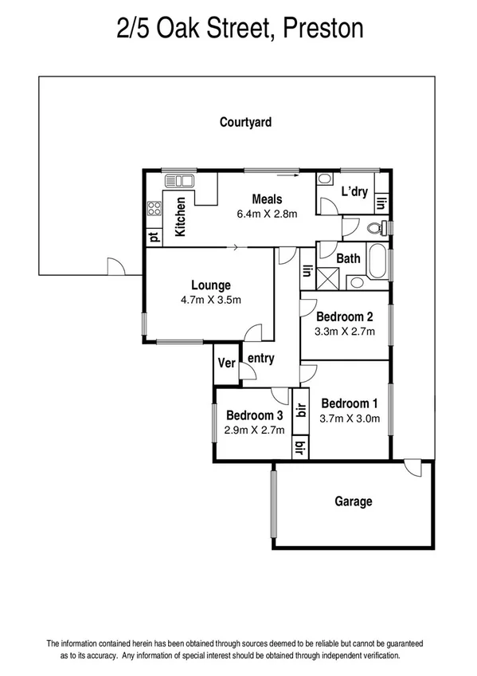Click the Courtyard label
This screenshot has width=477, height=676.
tap(245, 122)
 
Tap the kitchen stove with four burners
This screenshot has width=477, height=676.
tap(154, 210)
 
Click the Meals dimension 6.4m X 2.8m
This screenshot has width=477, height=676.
tap(266, 214)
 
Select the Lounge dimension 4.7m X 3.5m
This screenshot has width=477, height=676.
tap(210, 299)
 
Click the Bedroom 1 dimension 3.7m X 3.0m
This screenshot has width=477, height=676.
tap(350, 417)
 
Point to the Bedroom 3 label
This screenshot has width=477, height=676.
tap(254, 415)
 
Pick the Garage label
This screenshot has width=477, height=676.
tap(353, 501)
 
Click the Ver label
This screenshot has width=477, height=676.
tap(227, 363)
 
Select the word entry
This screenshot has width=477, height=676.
tap(260, 359)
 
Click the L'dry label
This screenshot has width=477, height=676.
tap(354, 191)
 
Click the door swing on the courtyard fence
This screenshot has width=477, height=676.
tap(113, 266)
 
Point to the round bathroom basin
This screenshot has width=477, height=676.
tap(355, 281)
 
